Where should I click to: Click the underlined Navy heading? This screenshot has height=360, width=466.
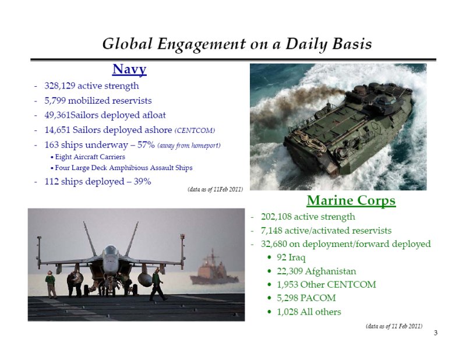129,69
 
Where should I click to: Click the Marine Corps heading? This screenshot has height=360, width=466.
351,200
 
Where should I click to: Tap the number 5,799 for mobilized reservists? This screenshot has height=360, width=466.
55,100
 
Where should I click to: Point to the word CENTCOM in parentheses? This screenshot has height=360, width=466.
195,130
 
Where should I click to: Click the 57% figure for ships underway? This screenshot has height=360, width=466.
146,145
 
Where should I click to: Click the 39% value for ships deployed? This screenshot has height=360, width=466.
142,181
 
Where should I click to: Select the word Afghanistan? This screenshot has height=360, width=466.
330,271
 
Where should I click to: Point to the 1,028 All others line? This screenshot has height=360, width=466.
309,312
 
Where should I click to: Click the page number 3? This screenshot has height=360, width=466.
436,333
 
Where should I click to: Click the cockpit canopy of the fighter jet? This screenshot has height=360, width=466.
111,250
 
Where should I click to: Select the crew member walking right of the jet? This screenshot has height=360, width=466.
157,284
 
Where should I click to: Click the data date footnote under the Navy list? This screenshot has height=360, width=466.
215,189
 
